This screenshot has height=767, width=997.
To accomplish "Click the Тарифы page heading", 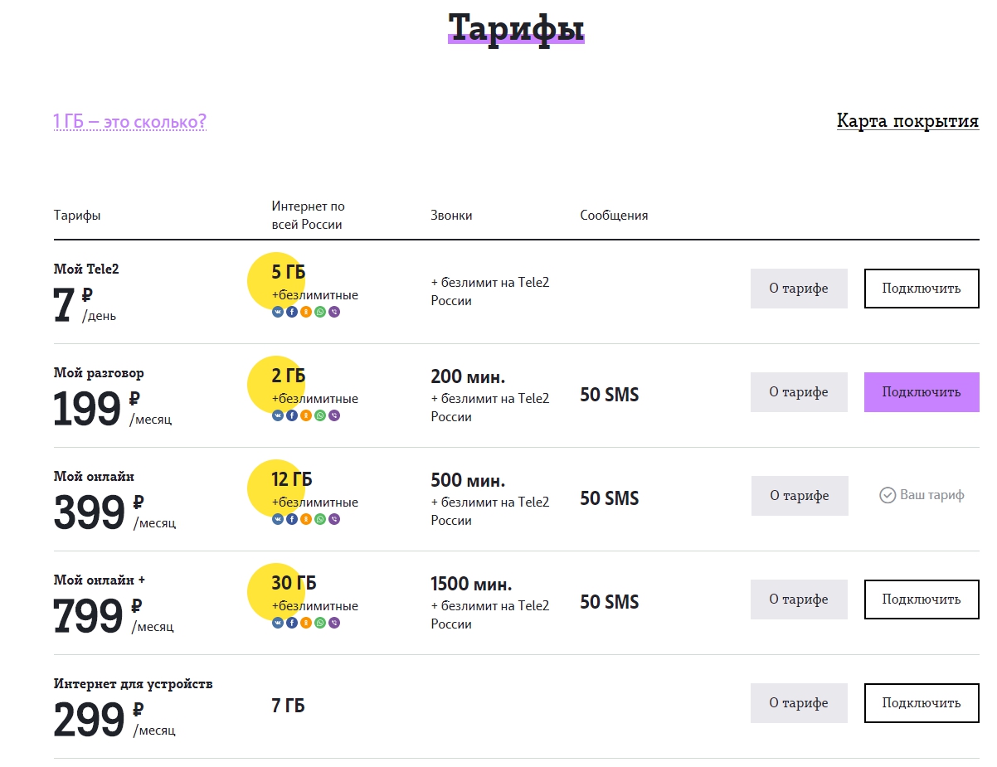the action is click(x=516, y=28).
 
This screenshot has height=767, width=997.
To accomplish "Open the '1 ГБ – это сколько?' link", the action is click(x=130, y=122).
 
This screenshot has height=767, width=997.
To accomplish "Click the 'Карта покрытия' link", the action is click(x=907, y=121).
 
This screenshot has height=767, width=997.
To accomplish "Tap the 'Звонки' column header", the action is click(x=451, y=215).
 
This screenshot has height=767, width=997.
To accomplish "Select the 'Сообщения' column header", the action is click(x=614, y=215).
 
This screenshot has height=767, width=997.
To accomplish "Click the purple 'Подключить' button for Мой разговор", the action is click(x=922, y=392).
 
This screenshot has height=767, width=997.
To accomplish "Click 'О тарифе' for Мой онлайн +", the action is click(x=799, y=600).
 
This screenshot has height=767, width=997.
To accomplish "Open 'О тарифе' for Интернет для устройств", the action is click(x=799, y=703).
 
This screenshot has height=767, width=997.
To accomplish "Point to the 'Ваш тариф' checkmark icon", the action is click(x=888, y=495).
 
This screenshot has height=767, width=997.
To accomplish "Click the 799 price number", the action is click(x=88, y=615).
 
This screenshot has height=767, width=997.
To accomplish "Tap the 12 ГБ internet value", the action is click(x=291, y=479).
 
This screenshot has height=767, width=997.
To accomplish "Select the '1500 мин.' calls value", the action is click(x=471, y=584).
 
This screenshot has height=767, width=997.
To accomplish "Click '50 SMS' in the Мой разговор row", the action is click(x=610, y=395).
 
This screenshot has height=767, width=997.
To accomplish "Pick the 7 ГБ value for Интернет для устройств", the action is click(x=288, y=706).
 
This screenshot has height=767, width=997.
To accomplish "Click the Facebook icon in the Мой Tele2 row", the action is click(x=292, y=313).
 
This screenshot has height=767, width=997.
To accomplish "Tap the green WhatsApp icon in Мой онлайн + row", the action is click(x=320, y=623).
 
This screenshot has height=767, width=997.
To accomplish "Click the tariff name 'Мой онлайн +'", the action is click(x=99, y=580).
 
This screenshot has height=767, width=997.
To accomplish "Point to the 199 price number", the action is click(x=87, y=408).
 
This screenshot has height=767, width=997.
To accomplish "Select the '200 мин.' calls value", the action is click(x=468, y=376).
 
